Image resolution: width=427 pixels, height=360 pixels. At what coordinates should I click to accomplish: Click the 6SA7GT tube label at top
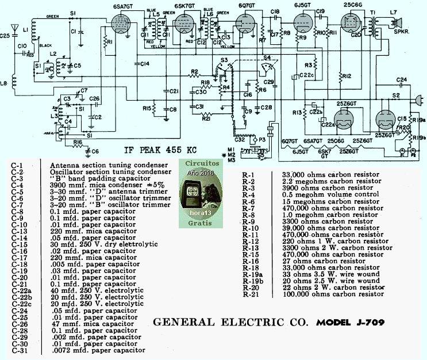tap(124, 5)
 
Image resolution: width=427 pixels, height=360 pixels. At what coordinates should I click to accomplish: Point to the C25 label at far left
tap(6, 36)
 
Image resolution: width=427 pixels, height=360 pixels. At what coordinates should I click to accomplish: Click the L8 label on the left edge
tap(5, 83)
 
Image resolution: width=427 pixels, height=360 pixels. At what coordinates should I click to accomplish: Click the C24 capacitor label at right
tap(402, 79)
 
